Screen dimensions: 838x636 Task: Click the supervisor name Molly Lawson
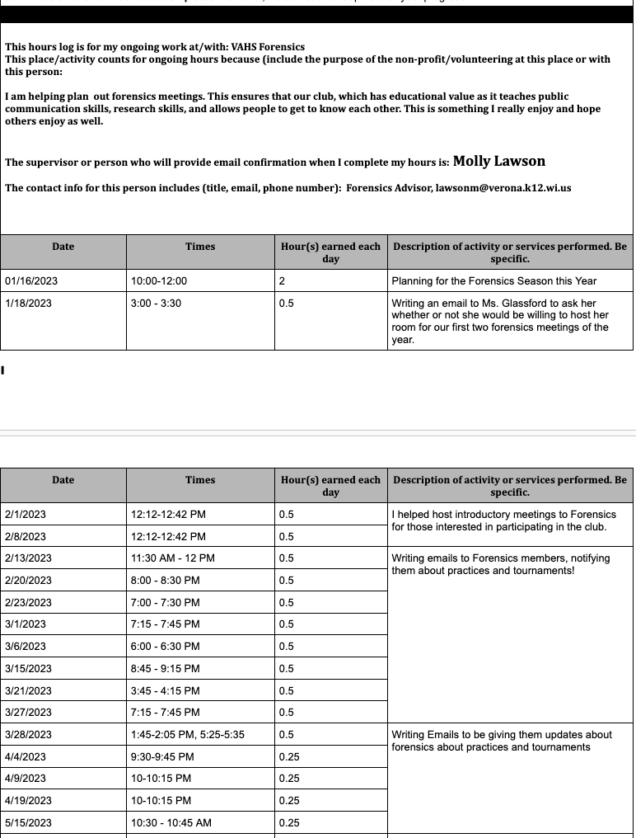click(x=498, y=162)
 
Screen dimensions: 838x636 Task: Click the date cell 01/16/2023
click(x=31, y=281)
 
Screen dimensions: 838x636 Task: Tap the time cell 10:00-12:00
click(x=159, y=281)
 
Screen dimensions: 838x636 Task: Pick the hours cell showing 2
click(x=283, y=281)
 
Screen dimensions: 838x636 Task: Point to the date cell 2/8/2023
click(x=26, y=536)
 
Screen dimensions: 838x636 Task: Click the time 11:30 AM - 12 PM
click(x=172, y=558)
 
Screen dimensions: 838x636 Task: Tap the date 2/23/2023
click(x=28, y=603)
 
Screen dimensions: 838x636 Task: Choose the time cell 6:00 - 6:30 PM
click(x=165, y=647)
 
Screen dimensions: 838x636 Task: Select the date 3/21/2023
click(x=28, y=691)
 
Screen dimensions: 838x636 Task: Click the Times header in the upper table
click(x=200, y=247)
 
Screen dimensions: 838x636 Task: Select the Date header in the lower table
click(x=63, y=480)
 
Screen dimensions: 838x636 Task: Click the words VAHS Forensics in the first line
click(x=268, y=47)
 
